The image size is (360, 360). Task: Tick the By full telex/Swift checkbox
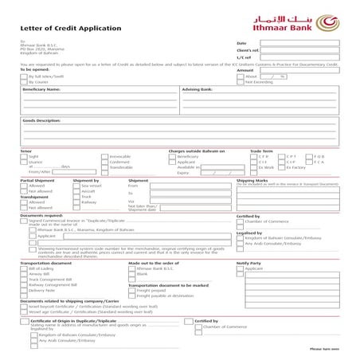click(x=24, y=76)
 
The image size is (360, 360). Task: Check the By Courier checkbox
click(x=24, y=82)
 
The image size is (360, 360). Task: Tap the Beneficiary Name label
click(x=41, y=90)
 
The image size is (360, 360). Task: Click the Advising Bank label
click(x=198, y=90)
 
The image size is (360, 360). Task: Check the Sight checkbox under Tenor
click(x=24, y=157)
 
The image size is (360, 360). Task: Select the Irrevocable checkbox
click(x=104, y=157)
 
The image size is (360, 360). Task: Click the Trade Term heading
click(x=261, y=151)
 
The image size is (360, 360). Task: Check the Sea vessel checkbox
click(x=77, y=186)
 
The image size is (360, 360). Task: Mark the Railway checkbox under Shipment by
click(x=77, y=202)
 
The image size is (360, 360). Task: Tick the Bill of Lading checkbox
click(x=24, y=269)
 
